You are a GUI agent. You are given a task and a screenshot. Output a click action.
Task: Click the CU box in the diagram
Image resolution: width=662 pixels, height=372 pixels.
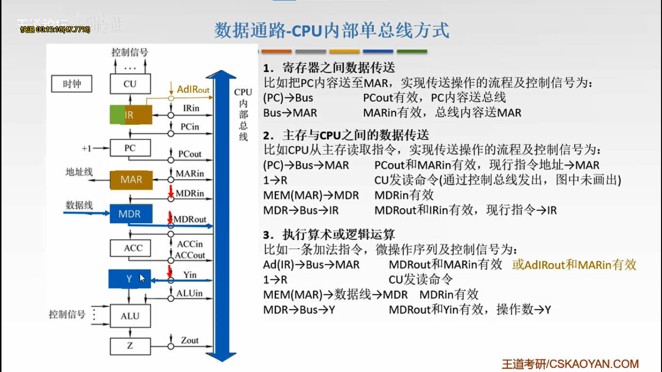click(130, 84)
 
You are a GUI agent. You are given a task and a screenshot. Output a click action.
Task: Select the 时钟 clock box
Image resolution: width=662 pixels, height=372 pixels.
click(72, 84)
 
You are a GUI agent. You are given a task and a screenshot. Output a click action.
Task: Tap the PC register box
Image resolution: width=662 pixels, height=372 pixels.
click(130, 148)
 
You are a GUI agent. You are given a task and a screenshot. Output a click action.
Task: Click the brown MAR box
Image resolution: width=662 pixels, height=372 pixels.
click(131, 180)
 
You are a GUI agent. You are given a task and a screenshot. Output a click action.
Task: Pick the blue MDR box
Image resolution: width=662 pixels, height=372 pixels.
click(129, 214)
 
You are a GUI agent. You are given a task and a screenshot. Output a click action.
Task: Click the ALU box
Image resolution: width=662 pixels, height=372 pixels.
click(130, 316)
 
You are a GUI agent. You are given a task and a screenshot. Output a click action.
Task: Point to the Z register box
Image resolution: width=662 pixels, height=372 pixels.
click(130, 346)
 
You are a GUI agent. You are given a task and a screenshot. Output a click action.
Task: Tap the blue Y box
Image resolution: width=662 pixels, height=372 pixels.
click(129, 279)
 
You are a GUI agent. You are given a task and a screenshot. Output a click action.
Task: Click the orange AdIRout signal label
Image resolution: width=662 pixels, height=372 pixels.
click(193, 90)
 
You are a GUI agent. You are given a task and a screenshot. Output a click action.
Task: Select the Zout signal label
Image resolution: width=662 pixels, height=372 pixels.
click(190, 341)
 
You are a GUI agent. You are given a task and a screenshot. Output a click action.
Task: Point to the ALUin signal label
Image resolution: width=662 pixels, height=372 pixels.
click(189, 293)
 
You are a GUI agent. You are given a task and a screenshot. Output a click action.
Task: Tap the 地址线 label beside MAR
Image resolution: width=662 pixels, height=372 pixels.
click(79, 172)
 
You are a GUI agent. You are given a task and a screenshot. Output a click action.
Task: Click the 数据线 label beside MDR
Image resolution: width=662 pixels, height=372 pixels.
click(79, 205)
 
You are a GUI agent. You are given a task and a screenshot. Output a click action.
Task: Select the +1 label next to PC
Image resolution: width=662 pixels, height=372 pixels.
click(86, 148)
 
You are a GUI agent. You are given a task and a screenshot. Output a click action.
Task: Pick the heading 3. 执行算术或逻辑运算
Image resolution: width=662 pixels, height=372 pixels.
click(329, 235)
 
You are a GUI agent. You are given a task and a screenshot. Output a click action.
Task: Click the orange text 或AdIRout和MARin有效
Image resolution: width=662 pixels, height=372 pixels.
click(574, 264)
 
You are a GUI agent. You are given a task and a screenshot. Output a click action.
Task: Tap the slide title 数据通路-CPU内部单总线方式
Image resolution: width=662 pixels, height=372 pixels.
click(332, 31)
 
